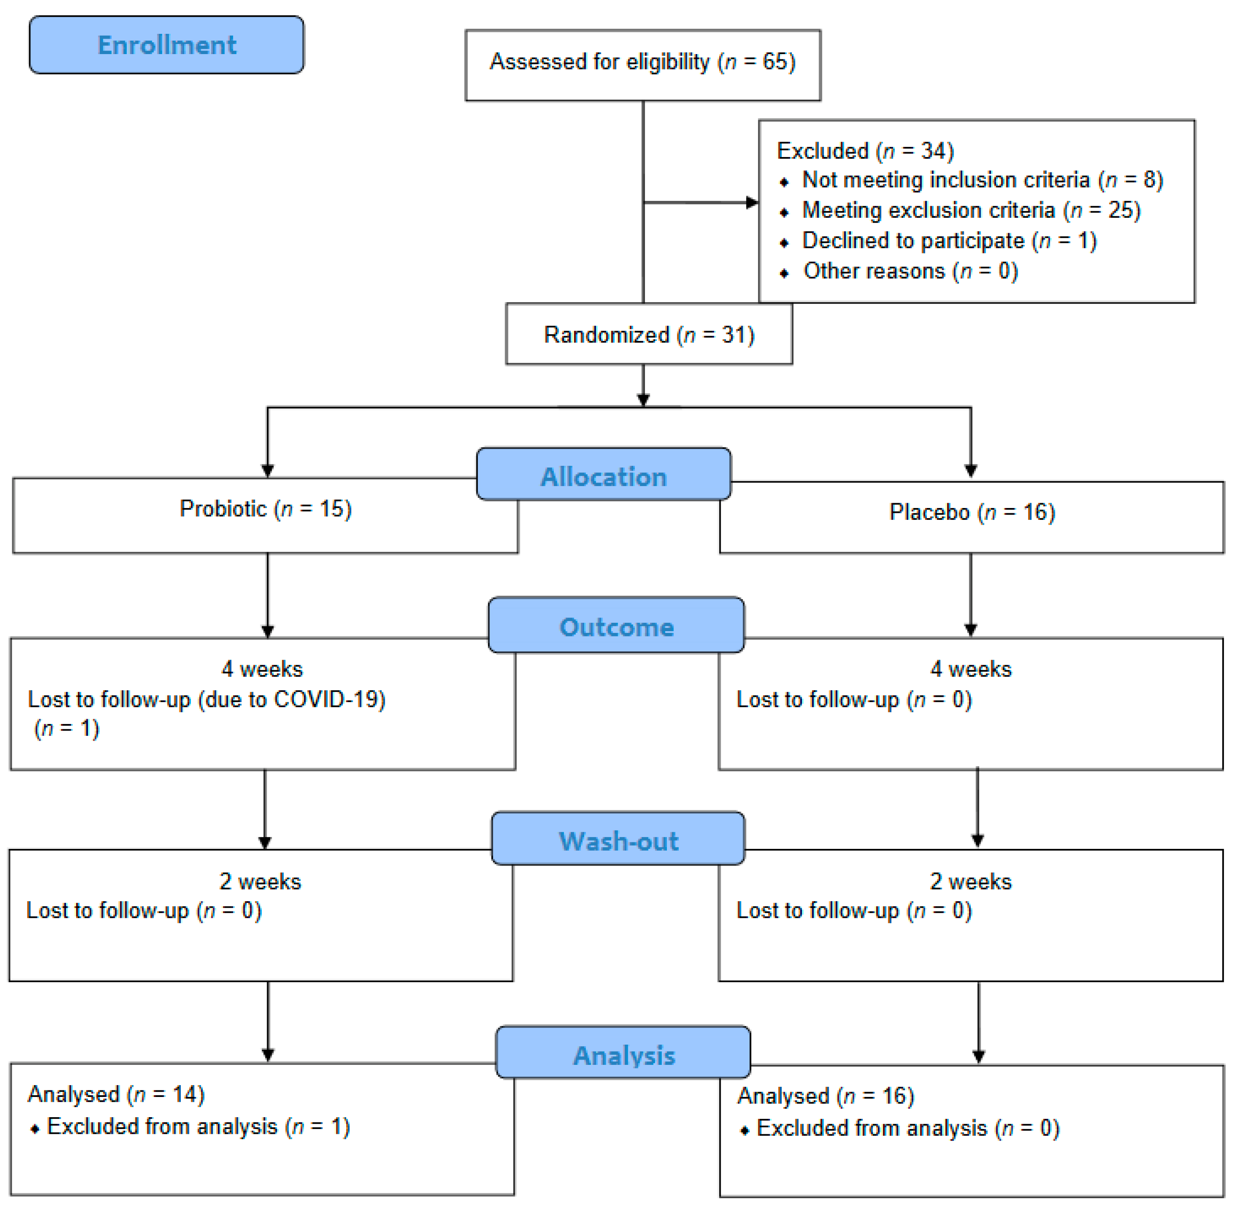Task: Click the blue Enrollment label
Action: tap(167, 45)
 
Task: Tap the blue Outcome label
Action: tap(616, 627)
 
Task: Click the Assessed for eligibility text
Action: tap(642, 62)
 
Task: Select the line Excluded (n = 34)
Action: tap(864, 150)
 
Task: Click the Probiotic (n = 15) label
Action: tap(265, 508)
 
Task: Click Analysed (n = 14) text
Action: tap(116, 1094)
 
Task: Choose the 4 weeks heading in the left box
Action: tap(262, 669)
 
